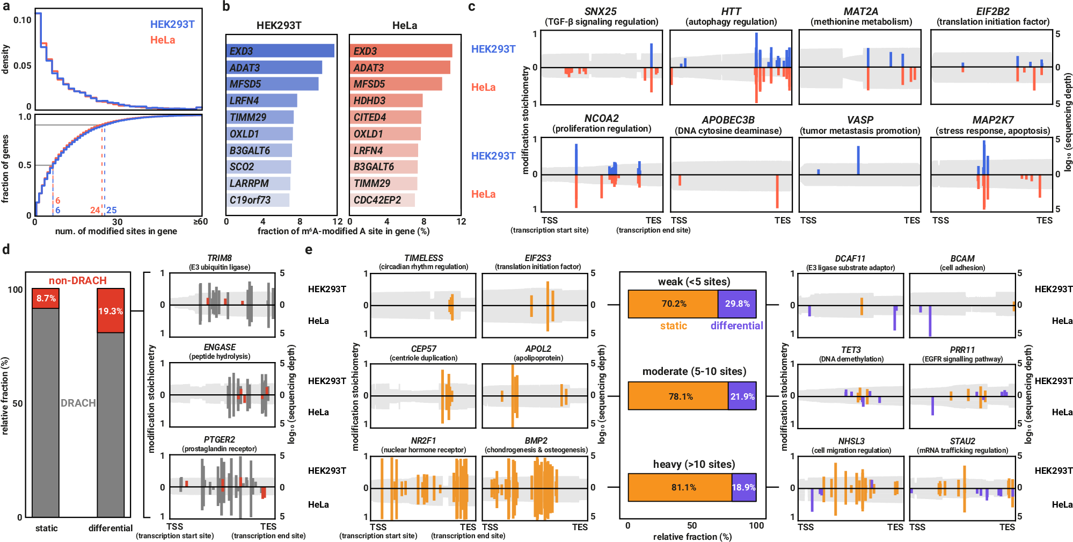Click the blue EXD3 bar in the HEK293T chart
pos(280,51)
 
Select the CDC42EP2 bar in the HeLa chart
pos(382,200)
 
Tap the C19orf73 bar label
pos(250,200)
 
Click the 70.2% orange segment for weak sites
pos(673,303)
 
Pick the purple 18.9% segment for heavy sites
pos(744,487)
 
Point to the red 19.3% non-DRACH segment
pos(111,311)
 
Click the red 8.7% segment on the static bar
pos(46,298)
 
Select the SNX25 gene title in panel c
pos(601,11)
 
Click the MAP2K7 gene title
pos(992,120)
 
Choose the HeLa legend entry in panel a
pos(162,40)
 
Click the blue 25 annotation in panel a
pos(111,210)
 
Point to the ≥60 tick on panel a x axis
pos(200,221)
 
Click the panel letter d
pos(6,249)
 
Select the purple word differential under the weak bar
pos(736,326)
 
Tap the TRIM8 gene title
pos(220,258)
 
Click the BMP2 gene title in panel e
pos(536,440)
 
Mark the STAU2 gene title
pos(962,441)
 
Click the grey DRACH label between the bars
pos(78,403)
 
